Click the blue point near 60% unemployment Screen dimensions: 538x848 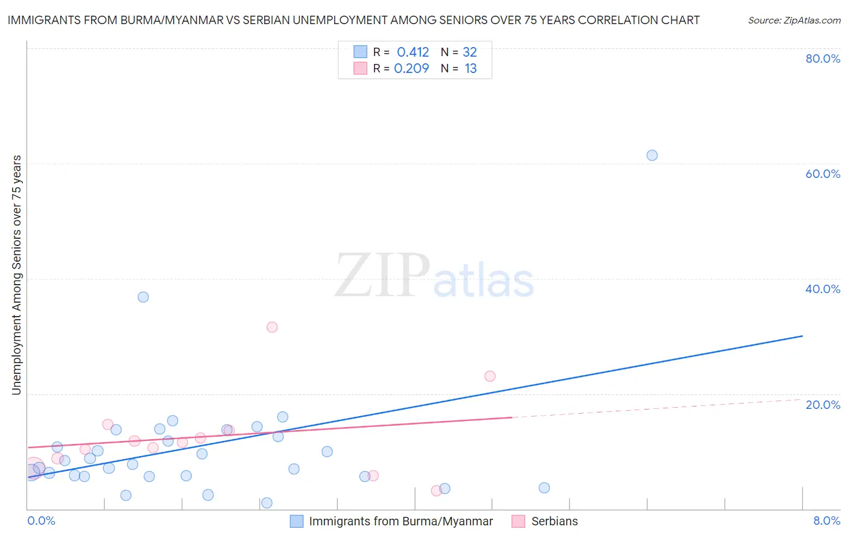coord(652,155)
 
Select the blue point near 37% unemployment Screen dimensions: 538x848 coord(143,297)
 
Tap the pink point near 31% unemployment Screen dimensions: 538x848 coord(272,327)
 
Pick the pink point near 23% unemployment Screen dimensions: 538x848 coord(490,376)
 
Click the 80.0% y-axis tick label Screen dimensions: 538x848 coord(823,59)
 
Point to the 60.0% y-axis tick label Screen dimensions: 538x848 coord(823,174)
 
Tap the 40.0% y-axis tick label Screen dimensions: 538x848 coord(823,289)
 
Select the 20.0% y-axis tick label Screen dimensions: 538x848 coord(823,405)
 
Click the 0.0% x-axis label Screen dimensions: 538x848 coord(41,521)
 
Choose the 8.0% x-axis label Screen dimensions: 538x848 coord(826,521)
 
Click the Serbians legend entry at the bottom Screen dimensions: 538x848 coord(554,521)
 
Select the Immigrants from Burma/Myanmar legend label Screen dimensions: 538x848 coord(400,521)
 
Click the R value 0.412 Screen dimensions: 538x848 coord(413,52)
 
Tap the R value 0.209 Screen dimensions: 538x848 coord(411,68)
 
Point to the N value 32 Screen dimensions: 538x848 coord(470,52)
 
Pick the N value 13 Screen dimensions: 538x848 coord(470,68)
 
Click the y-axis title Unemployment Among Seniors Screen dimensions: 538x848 coord(16,275)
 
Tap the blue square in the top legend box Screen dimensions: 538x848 coord(360,52)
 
